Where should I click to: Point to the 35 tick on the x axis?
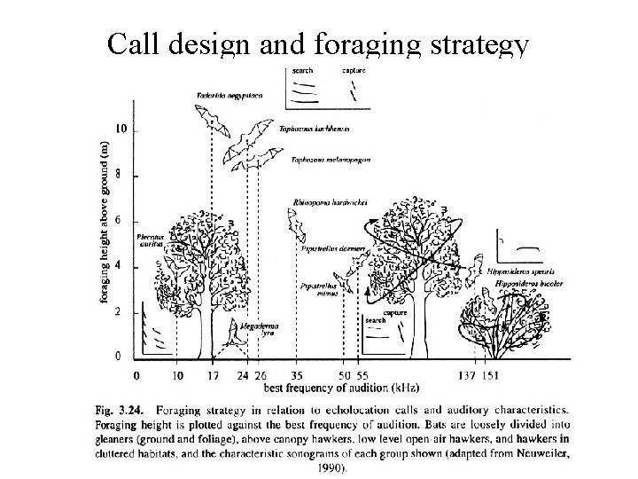coord(297,376)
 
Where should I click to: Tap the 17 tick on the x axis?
coord(213,376)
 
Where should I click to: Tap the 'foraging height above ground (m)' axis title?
coord(105,221)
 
